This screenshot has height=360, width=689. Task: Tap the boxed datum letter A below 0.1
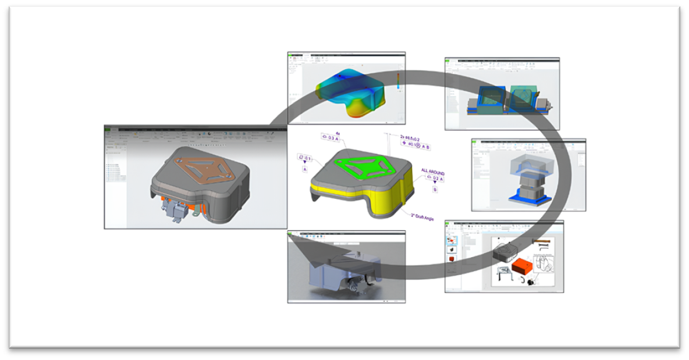pyautogui.click(x=304, y=169)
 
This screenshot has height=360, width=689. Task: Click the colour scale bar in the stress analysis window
pyautogui.click(x=397, y=81)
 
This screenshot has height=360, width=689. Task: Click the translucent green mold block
pyautogui.click(x=521, y=93)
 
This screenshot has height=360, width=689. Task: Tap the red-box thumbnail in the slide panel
pyautogui.click(x=452, y=256)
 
